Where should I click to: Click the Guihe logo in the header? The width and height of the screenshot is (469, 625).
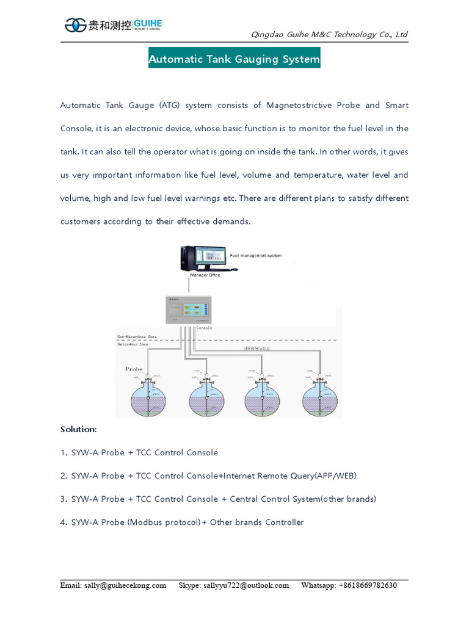(113, 25)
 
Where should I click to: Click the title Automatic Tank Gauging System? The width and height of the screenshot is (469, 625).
(234, 59)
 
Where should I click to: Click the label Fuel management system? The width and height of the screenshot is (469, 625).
(256, 256)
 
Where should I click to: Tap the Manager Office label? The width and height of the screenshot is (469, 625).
(205, 275)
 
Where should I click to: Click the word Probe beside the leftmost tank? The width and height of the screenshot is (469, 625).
(134, 369)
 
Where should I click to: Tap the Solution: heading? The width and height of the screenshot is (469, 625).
(78, 429)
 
